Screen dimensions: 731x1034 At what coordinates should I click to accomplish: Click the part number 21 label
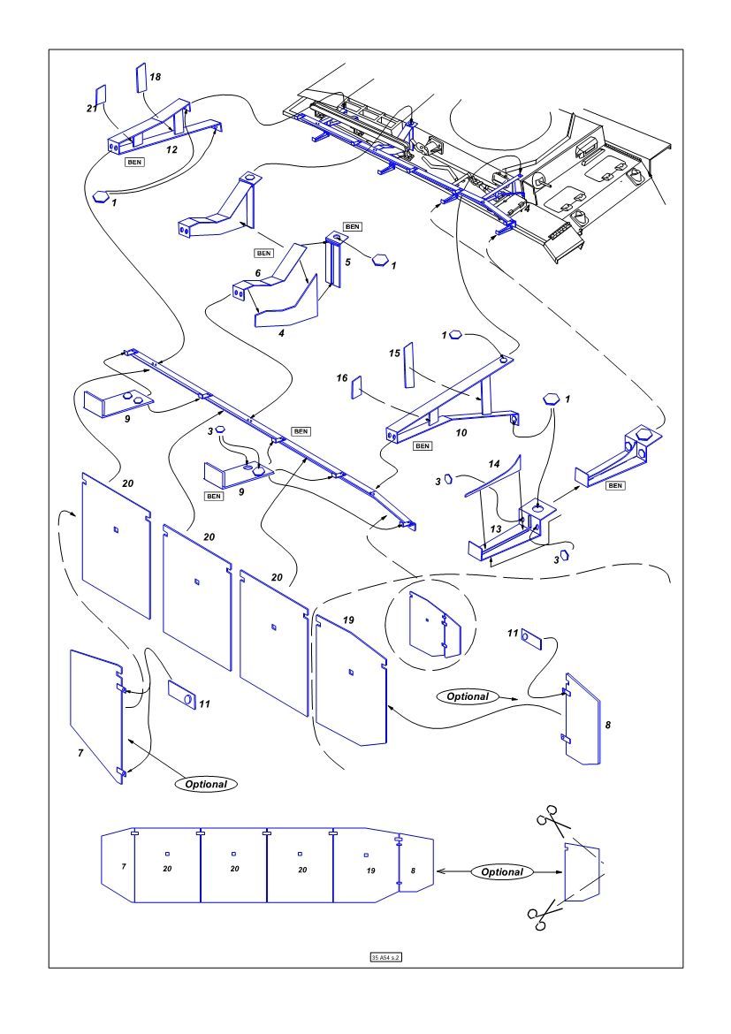point(92,109)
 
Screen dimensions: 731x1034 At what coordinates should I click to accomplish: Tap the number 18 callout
point(155,77)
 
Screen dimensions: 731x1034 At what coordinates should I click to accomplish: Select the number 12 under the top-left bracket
point(171,149)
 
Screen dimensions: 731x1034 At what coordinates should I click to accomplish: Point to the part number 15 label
point(394,354)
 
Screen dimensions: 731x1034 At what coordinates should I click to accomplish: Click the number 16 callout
point(342,378)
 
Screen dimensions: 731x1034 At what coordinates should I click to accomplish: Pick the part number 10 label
point(461,432)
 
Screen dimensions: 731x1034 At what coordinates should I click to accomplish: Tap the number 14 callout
point(494,464)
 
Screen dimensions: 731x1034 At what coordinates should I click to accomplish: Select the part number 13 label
point(496,528)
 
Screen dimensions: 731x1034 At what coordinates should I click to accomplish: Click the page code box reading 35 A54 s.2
point(386,957)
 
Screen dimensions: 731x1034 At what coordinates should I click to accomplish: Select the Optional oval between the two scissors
point(501,871)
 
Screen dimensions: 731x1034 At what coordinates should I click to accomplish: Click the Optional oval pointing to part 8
point(468,696)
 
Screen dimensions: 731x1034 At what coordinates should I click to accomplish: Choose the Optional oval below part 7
point(206,784)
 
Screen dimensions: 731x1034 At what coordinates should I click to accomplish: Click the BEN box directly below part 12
point(134,163)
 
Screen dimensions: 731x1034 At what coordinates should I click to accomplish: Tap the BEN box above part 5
point(353,227)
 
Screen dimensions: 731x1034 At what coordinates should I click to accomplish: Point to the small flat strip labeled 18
point(141,80)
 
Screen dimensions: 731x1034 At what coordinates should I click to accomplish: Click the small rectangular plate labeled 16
point(357,387)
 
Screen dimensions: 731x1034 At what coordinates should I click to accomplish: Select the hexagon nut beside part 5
point(379,260)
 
